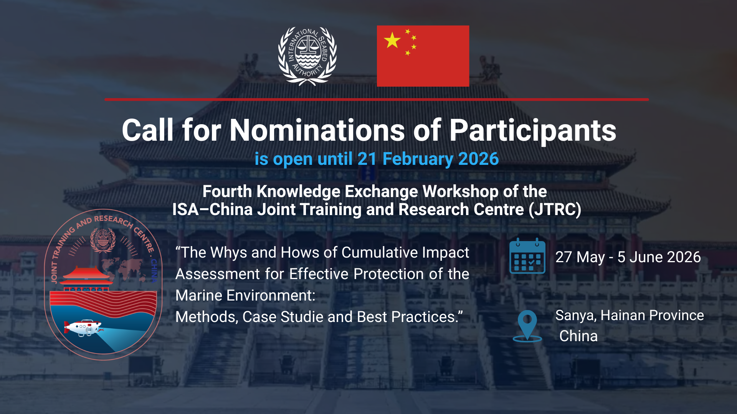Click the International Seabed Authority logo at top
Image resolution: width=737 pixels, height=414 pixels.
click(307, 56)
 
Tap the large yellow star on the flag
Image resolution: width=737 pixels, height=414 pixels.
click(392, 40)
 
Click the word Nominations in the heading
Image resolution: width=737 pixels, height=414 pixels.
click(317, 130)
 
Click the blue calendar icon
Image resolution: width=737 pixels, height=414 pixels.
click(527, 256)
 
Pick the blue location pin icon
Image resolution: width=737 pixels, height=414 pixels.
click(527, 326)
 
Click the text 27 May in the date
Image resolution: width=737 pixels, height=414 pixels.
click(580, 257)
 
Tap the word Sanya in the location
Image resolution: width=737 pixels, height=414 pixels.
click(576, 316)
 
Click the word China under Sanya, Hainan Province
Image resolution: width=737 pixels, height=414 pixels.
click(578, 336)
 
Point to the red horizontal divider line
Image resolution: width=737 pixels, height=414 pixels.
click(377, 100)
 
